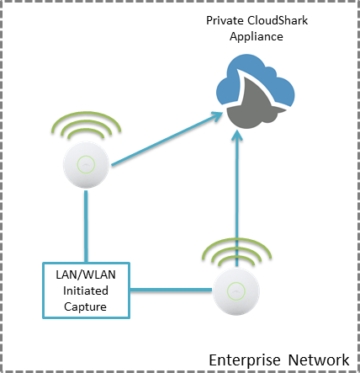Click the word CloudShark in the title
point(278,20)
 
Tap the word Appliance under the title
point(257,37)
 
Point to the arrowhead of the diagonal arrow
point(216,116)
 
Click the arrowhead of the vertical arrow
point(237,136)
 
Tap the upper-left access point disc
point(86,165)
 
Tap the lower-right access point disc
point(236,291)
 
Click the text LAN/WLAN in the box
point(86,274)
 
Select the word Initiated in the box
point(86,290)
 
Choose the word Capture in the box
point(85,306)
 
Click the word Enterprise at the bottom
point(245,360)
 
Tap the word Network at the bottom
point(319,360)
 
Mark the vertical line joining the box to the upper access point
point(86,226)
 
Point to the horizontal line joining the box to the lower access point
point(171,290)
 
